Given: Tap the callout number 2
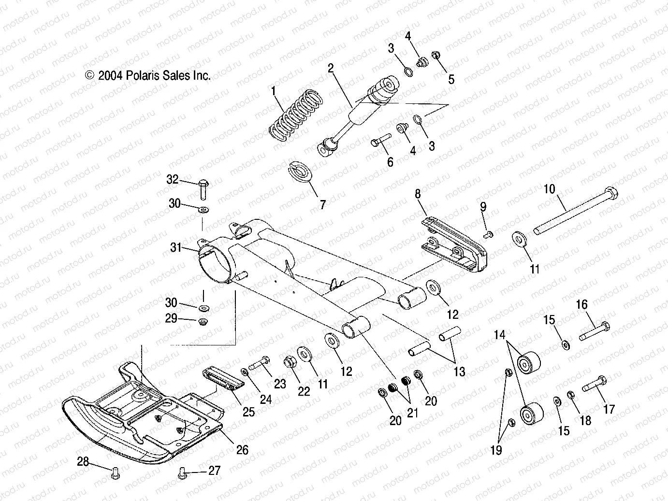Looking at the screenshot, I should tap(331, 69).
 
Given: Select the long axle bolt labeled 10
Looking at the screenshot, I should tap(575, 211).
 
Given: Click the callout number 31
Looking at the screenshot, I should tap(176, 248).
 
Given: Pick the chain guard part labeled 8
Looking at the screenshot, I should tap(454, 245).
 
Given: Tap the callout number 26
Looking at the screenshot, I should tap(242, 450).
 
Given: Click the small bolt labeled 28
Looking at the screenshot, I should tap(115, 472).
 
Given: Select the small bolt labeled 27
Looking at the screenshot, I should tap(183, 471).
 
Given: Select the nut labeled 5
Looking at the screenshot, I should tap(434, 56).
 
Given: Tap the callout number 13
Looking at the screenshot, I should tap(459, 372).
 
